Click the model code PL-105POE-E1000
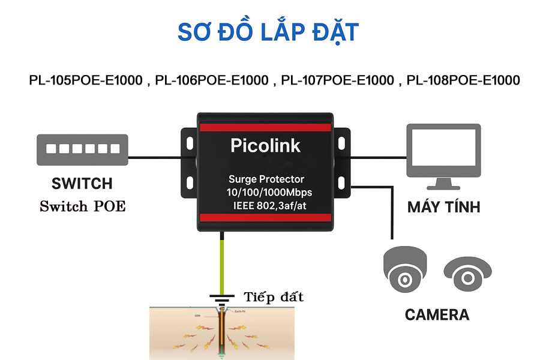(x=86, y=80)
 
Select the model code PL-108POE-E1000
(x=463, y=80)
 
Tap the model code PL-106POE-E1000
(x=211, y=80)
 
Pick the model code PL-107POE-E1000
(x=338, y=80)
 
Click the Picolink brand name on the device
(x=265, y=145)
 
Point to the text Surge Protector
(x=266, y=179)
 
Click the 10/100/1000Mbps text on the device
(x=266, y=193)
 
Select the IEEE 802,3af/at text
(x=266, y=206)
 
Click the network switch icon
(x=82, y=149)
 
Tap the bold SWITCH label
(x=82, y=184)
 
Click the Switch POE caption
(x=82, y=206)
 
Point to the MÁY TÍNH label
(x=444, y=208)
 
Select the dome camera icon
(x=406, y=268)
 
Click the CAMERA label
(x=437, y=314)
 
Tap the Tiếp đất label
(x=274, y=297)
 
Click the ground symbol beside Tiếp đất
(x=222, y=298)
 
